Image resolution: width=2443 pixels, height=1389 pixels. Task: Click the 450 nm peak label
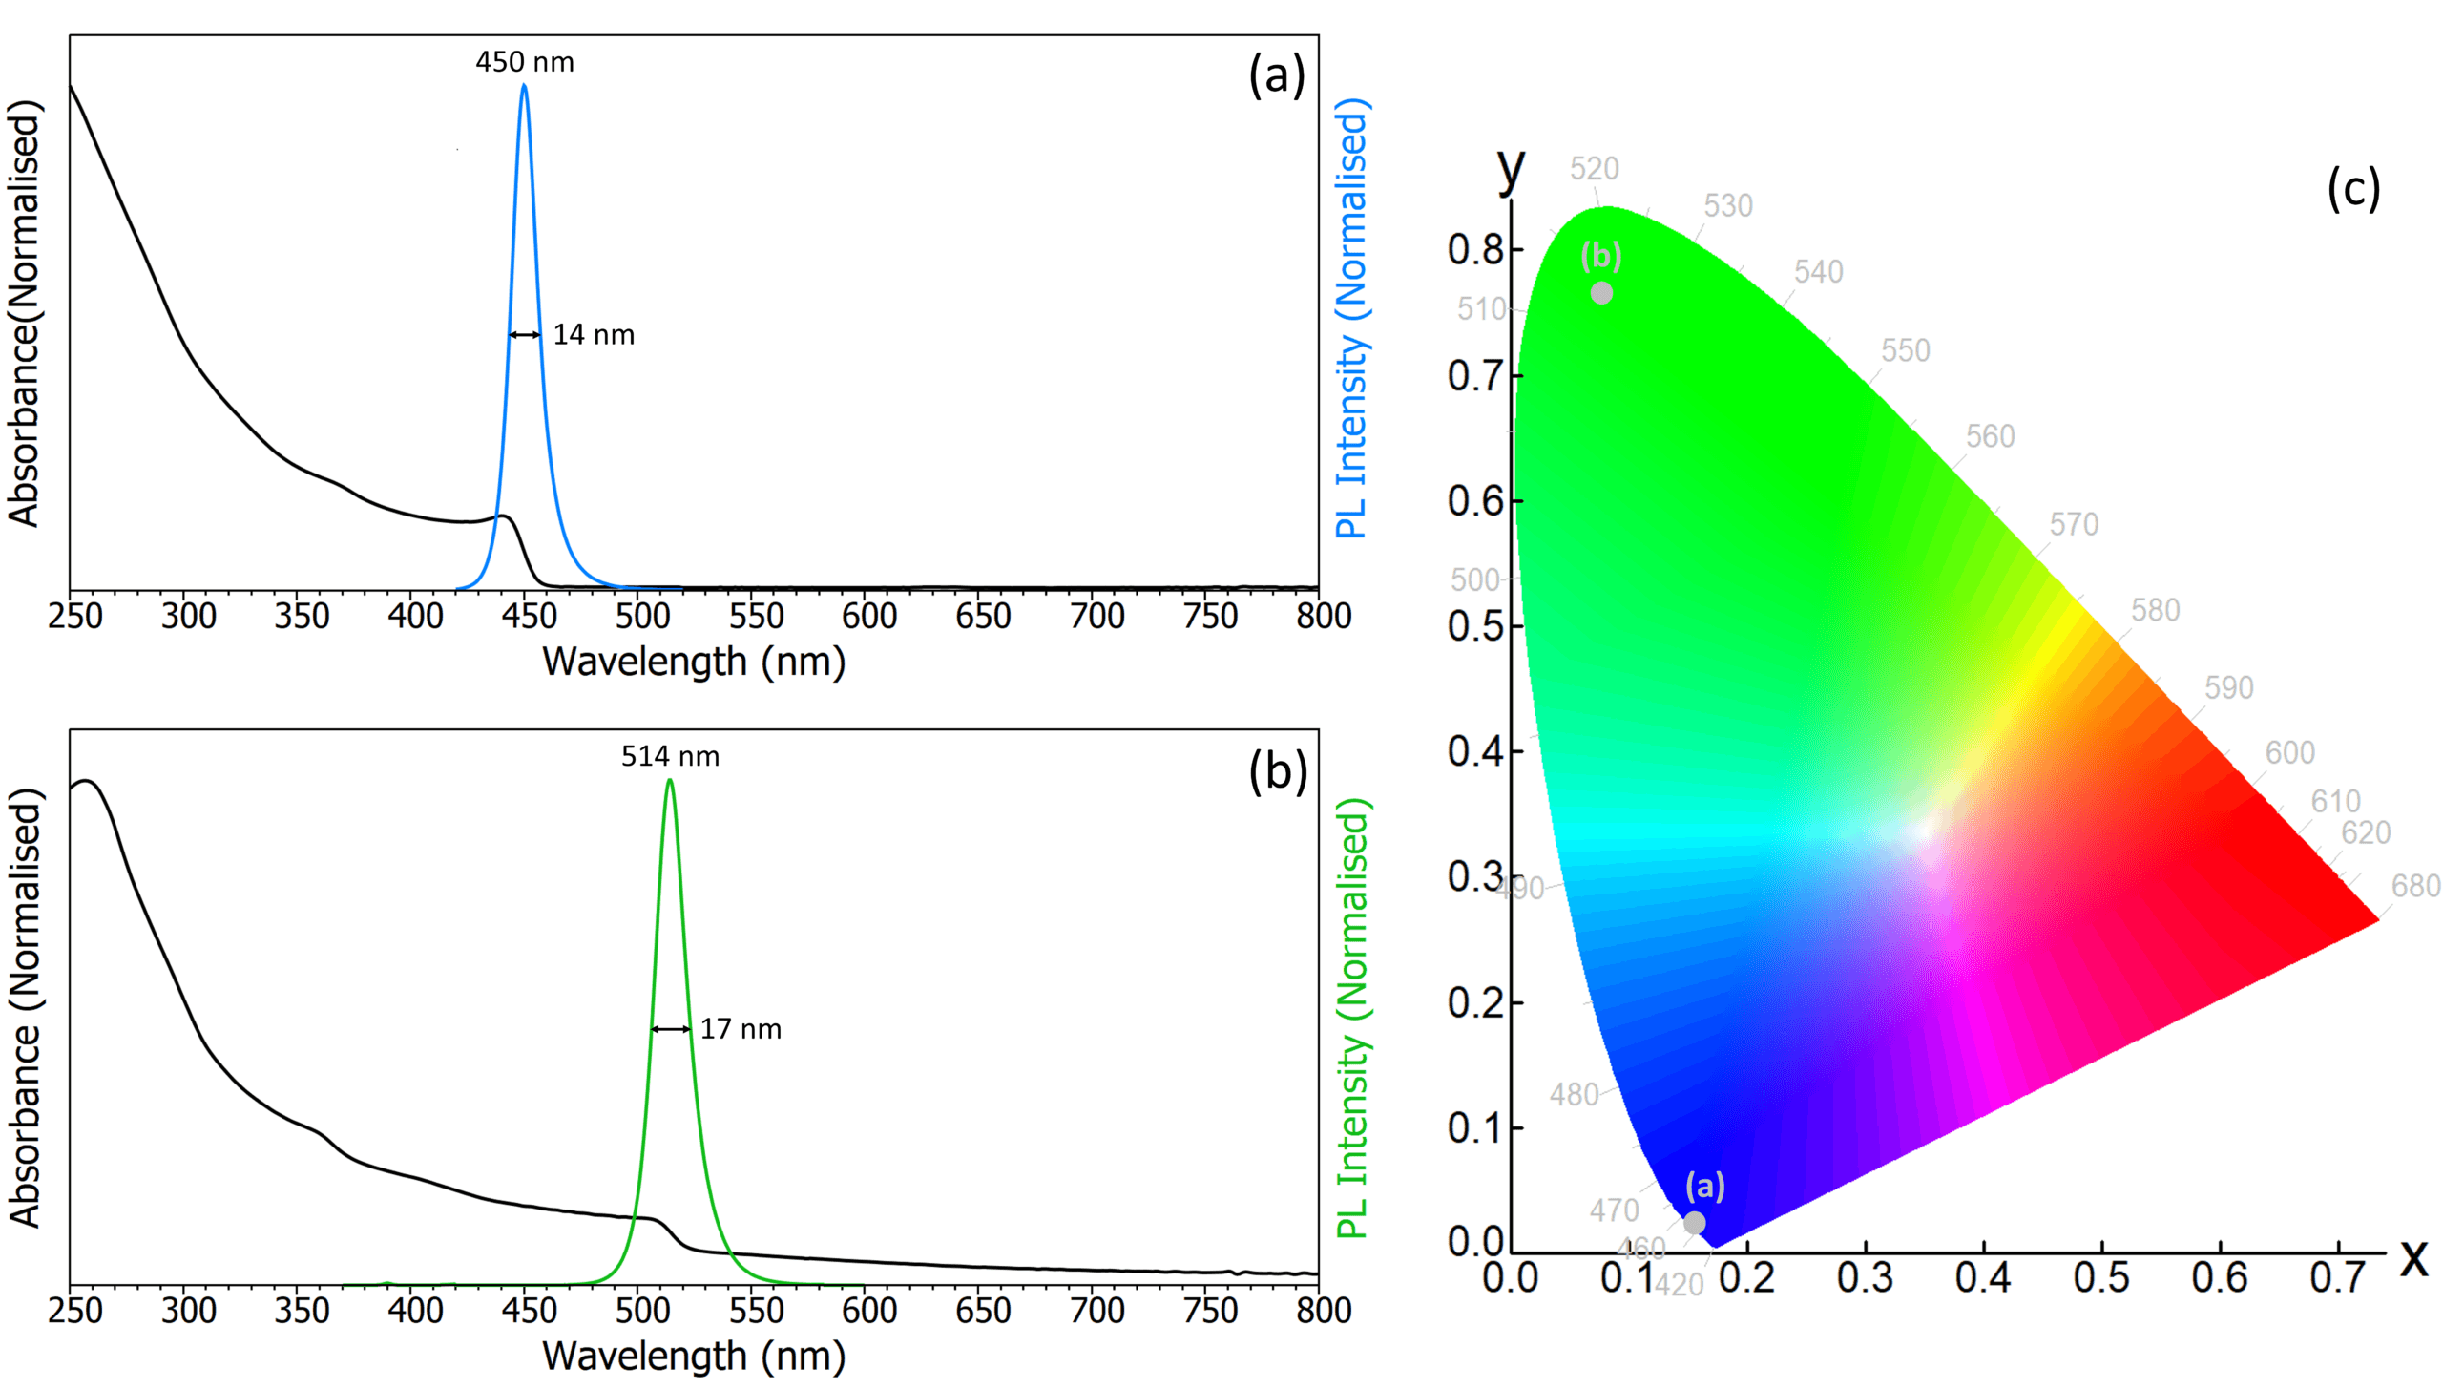[x=525, y=63]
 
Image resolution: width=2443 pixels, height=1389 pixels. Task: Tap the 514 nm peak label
[x=670, y=757]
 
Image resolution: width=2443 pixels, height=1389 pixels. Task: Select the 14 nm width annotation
[x=594, y=335]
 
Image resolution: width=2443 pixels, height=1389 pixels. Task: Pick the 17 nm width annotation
[x=741, y=1029]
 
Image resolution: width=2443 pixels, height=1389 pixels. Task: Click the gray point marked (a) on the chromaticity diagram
[x=1694, y=1223]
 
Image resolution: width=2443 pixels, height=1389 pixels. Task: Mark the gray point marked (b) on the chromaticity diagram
[x=1601, y=293]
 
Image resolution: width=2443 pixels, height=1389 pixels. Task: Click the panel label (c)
[x=2353, y=188]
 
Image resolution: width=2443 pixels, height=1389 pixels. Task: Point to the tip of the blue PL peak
[x=524, y=86]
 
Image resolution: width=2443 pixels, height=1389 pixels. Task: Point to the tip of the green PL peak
[x=670, y=781]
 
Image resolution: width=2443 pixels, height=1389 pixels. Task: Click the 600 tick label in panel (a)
[x=868, y=617]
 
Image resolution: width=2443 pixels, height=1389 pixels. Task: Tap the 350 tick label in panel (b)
[x=302, y=1311]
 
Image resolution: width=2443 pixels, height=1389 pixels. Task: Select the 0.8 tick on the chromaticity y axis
[x=1475, y=250]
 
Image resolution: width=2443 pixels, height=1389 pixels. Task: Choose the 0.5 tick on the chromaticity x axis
[x=2100, y=1278]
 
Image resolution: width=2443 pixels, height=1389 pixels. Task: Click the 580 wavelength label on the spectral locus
[x=2155, y=610]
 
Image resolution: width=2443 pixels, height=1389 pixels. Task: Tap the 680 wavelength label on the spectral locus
[x=2415, y=887]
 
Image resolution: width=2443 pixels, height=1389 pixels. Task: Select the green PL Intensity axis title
[x=1351, y=1018]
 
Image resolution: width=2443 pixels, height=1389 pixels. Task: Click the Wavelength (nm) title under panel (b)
[x=694, y=1357]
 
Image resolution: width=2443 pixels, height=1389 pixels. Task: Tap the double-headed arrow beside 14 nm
[x=524, y=335]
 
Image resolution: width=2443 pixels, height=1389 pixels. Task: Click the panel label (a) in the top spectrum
[x=1276, y=75]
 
